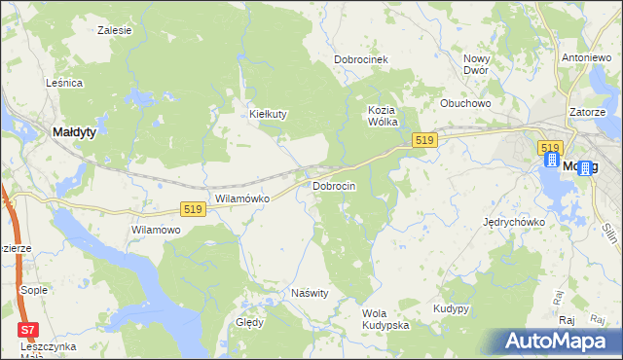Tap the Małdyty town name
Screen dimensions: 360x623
pos(73,132)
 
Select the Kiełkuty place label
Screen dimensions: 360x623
pos(269,114)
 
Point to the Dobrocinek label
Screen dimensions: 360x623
pos(361,59)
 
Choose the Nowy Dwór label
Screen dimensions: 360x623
pos(476,64)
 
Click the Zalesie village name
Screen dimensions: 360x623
pos(115,30)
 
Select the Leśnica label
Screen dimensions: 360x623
pos(64,84)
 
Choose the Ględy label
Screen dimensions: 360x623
pos(249,323)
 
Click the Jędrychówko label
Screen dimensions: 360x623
pos(514,222)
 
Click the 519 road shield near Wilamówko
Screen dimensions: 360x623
pos(192,209)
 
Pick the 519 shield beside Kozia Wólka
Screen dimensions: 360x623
pos(422,141)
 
